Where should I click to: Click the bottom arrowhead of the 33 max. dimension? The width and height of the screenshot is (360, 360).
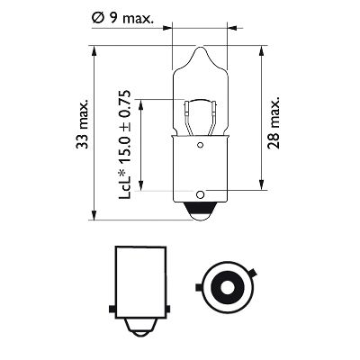94,215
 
